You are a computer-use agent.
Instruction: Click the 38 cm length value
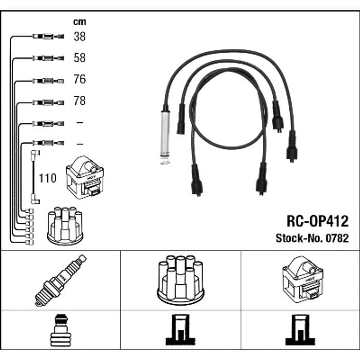tap(80, 36)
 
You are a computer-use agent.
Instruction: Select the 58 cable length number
tap(80, 58)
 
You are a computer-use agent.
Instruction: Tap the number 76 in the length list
tap(80, 79)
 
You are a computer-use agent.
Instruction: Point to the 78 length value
tap(80, 100)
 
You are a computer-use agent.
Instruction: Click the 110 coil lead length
tap(48, 178)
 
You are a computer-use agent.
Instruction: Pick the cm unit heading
tap(80, 22)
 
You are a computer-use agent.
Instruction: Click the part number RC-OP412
tap(318, 221)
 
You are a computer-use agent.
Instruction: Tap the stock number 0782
tap(337, 238)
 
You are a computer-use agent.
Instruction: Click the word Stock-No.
tap(300, 238)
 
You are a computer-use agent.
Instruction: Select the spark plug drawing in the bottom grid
tap(61, 280)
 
